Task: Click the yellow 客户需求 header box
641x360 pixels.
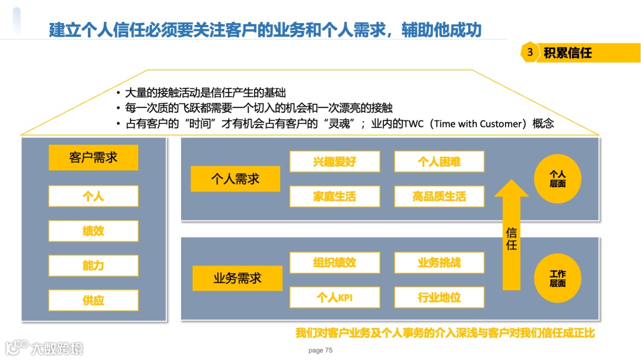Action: click(x=93, y=158)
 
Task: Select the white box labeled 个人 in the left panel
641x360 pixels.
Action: click(x=93, y=196)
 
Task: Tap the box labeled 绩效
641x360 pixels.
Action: click(x=93, y=231)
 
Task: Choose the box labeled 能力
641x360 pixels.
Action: click(x=93, y=265)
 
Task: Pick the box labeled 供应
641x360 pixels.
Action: click(x=93, y=300)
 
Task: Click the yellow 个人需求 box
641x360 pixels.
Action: click(x=236, y=179)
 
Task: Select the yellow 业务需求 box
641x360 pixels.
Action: click(x=237, y=278)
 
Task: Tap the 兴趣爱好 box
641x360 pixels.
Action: click(x=335, y=161)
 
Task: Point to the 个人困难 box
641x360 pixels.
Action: click(x=439, y=161)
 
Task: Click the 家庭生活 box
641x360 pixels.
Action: click(x=335, y=196)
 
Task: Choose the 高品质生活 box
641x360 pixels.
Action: click(x=439, y=196)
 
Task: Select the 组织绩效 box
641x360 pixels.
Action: click(x=335, y=263)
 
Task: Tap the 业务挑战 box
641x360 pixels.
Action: click(x=439, y=263)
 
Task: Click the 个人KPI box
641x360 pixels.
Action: click(x=335, y=297)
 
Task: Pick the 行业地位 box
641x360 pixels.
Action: click(x=439, y=297)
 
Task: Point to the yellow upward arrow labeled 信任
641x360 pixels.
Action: click(x=511, y=237)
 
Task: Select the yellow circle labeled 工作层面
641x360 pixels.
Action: click(x=557, y=278)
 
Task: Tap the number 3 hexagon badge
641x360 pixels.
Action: click(x=529, y=52)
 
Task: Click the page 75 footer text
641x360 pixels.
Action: click(x=320, y=351)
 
